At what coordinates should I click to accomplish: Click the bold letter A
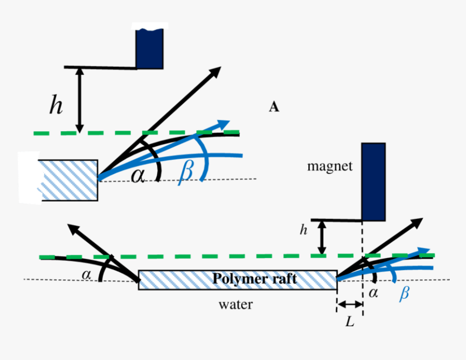pos(274,107)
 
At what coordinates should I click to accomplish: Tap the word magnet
pos(329,166)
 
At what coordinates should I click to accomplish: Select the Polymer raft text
pos(254,279)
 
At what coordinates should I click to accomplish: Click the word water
pos(235,305)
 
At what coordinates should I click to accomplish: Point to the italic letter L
pos(350,322)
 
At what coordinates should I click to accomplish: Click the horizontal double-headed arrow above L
pos(350,305)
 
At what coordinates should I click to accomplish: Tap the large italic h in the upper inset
pos(56,106)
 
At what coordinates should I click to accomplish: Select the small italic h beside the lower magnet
pos(303,230)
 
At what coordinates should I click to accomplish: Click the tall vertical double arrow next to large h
pos(80,100)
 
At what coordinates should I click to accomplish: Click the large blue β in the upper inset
pos(185,170)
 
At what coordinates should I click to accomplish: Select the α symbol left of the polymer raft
pos(87,275)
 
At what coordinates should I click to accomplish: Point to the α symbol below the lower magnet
pos(373,293)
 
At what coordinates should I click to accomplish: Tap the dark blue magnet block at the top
pos(150,48)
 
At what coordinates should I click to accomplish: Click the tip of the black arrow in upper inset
pos(219,68)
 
